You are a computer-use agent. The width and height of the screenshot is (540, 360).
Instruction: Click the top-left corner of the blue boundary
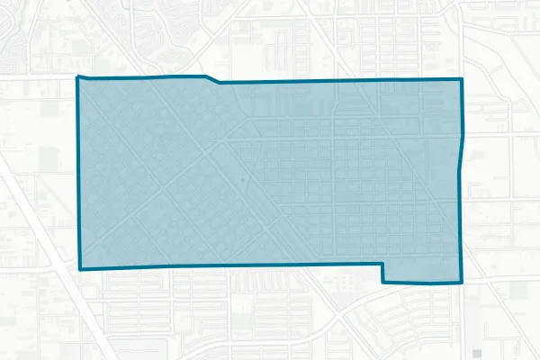[x=78, y=77]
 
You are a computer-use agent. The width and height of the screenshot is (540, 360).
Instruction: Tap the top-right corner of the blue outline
[x=462, y=80]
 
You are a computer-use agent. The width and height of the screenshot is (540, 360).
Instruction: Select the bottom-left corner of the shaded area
[x=81, y=268]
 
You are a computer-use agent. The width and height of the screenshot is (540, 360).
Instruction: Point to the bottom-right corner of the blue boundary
[x=462, y=283]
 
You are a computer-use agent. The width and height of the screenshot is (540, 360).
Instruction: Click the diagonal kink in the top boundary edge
[x=212, y=79]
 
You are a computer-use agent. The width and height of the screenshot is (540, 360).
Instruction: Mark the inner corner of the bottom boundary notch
[x=383, y=264]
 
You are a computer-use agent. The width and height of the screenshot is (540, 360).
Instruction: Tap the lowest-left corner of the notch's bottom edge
[x=384, y=283]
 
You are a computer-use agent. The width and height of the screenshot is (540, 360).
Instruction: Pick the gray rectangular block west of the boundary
[x=48, y=160]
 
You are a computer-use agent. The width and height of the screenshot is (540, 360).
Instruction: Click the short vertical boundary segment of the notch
[x=383, y=274]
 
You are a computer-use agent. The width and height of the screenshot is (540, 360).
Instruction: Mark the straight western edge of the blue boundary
[x=79, y=171]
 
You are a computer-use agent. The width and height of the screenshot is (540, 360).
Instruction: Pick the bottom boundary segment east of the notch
[x=423, y=283]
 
